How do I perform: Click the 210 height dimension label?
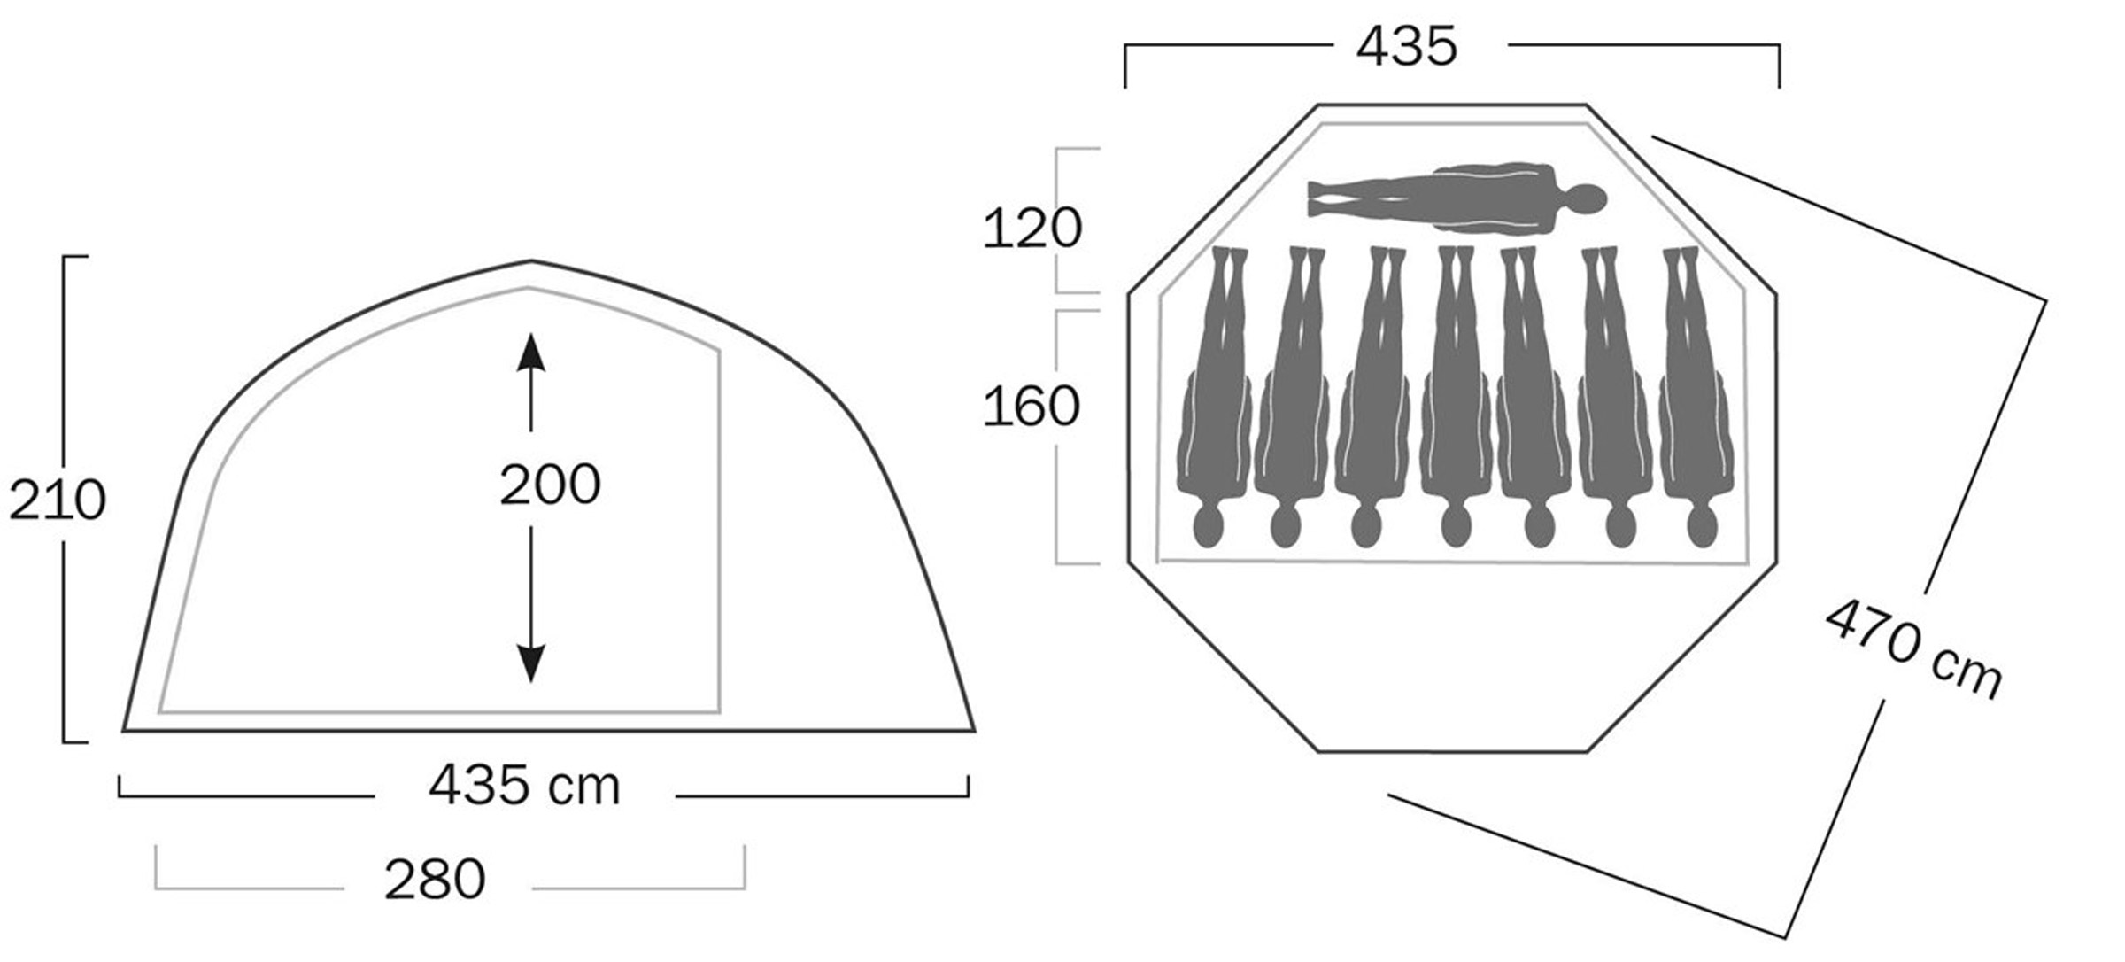click(58, 500)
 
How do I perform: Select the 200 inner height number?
click(550, 485)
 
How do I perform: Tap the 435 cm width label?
click(524, 785)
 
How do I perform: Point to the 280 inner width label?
click(435, 880)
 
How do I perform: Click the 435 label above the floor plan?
click(1406, 46)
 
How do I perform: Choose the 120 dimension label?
click(1032, 228)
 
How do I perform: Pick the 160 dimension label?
click(1032, 407)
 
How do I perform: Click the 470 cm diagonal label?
click(1912, 649)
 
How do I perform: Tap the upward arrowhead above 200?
click(530, 352)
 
